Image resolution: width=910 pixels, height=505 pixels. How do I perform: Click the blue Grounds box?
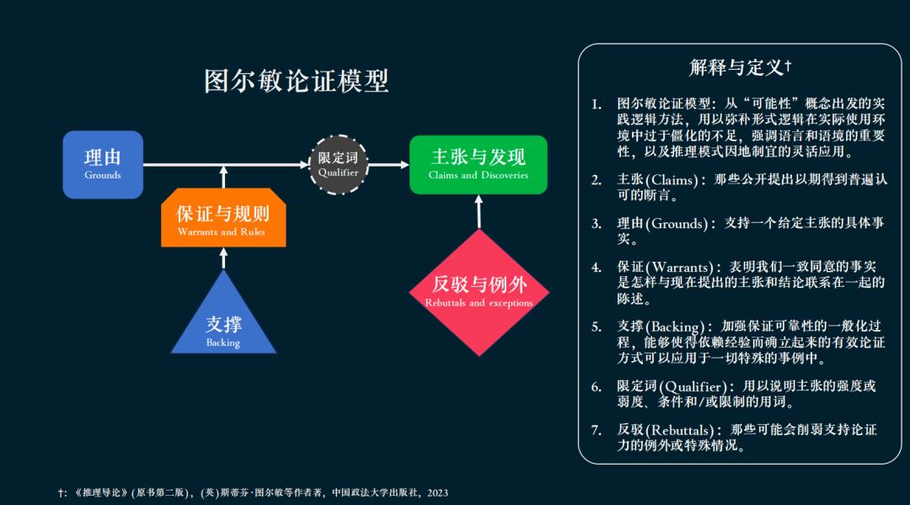coord(103,164)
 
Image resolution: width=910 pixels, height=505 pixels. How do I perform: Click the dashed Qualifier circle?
coord(338,164)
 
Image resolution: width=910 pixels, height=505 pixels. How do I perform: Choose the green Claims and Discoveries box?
coord(478,164)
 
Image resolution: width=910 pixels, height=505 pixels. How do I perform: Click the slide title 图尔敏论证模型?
coord(297,81)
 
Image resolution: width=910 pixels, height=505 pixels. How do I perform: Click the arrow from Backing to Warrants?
coord(223,258)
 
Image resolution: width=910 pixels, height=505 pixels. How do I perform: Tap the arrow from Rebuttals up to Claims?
coord(479,211)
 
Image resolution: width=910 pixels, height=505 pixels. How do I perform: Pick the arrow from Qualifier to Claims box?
coord(388,164)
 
